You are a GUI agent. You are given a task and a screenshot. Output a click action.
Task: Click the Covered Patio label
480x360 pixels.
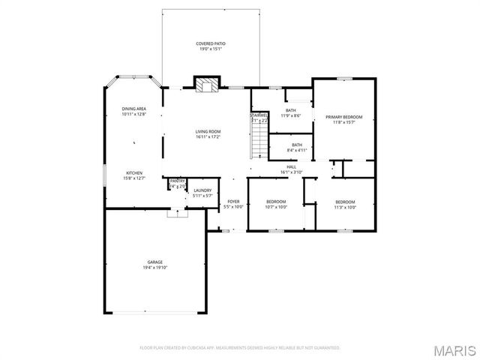211,44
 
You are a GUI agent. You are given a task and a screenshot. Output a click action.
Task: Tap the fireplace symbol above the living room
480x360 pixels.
206,83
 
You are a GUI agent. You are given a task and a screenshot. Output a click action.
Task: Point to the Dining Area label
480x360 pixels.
133,109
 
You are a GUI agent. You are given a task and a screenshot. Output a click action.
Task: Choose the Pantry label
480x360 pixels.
177,181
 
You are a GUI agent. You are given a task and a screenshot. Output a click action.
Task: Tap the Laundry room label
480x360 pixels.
202,190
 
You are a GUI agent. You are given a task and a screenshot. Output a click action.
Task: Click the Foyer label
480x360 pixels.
233,202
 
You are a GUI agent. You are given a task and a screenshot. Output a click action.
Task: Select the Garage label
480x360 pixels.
154,262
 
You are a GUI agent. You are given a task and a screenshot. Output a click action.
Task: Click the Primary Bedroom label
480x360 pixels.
343,117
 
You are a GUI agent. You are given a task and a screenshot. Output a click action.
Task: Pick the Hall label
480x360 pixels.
290,167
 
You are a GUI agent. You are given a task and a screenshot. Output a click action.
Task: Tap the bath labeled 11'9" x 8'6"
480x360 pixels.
289,110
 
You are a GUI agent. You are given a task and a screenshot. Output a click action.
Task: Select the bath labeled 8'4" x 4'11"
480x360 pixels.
297,145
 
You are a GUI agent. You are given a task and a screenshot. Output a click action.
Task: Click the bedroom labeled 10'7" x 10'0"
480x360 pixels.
276,202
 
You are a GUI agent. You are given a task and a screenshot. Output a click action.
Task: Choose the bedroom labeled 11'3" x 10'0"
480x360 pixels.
345,202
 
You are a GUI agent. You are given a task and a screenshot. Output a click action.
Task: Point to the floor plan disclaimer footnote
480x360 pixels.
240,348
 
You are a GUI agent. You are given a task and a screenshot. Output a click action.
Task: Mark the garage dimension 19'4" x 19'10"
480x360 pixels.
154,267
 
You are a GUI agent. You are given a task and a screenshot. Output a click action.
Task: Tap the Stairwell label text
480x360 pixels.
259,115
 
